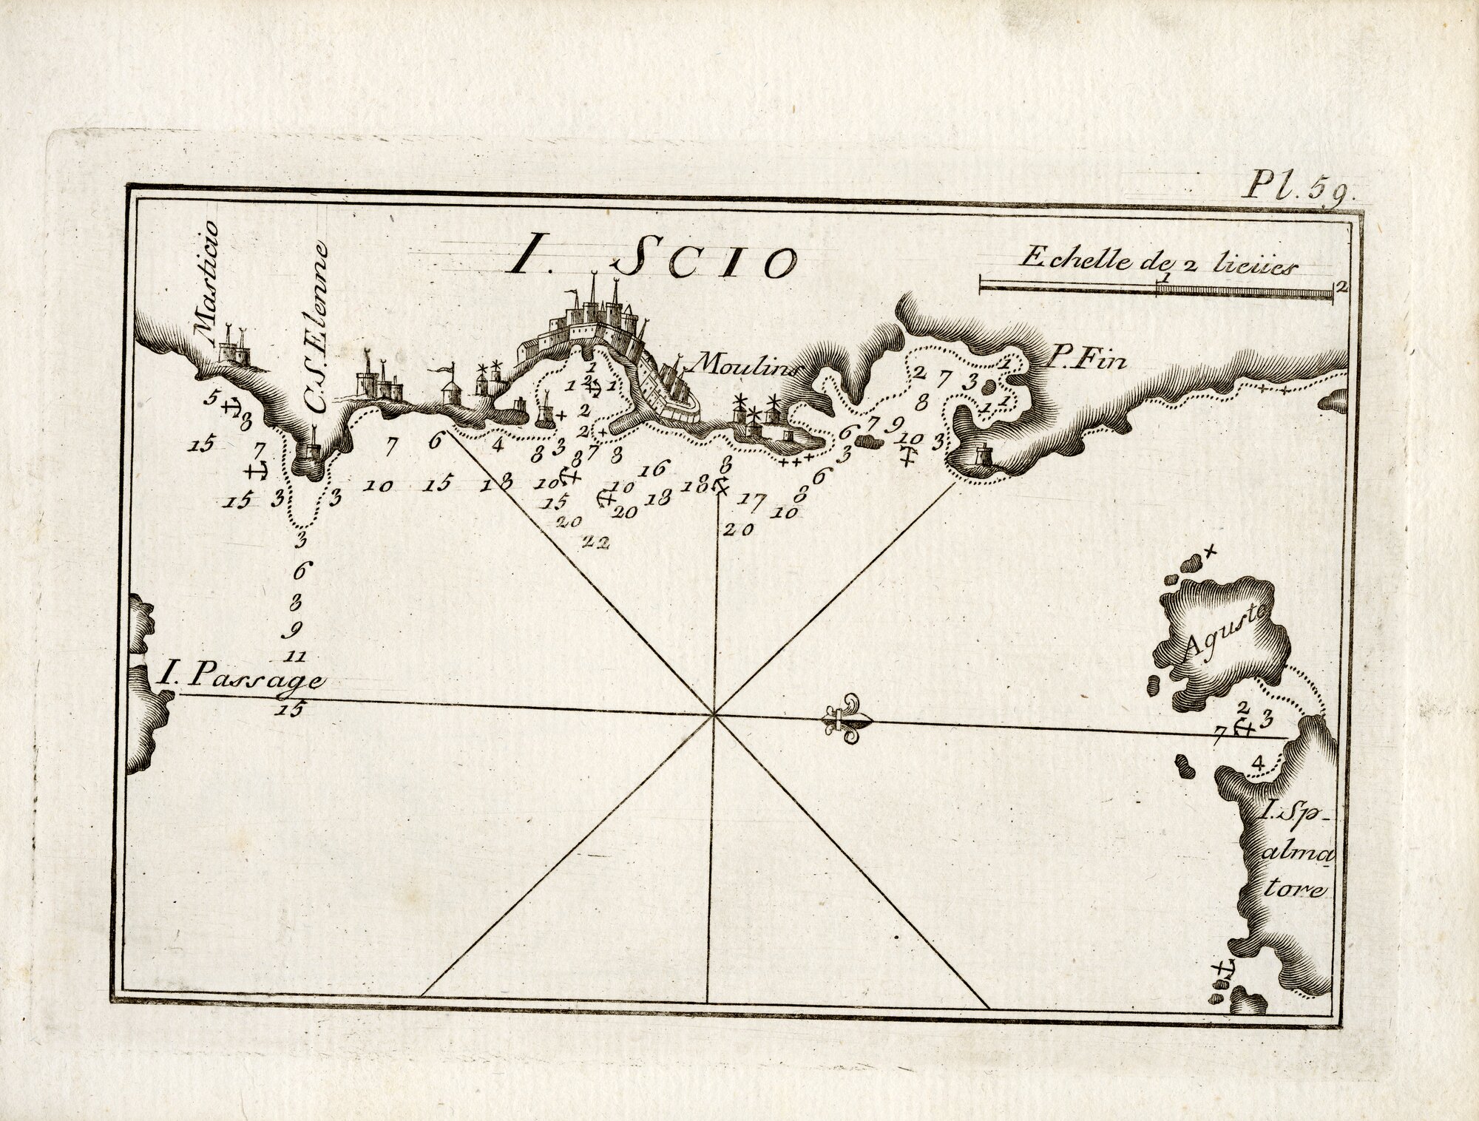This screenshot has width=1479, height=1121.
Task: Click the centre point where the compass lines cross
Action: [713, 714]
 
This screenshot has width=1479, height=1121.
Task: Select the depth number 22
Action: [595, 543]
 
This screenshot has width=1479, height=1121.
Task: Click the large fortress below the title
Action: [592, 318]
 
